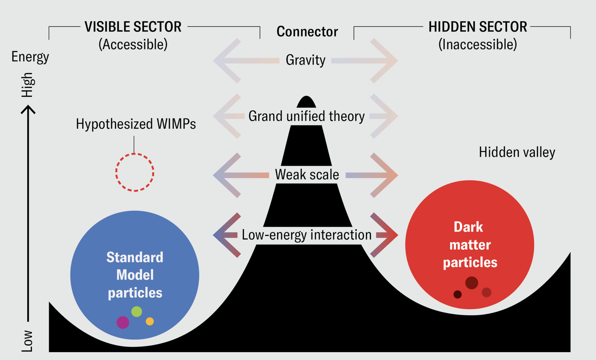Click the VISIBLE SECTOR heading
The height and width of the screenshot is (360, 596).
click(133, 27)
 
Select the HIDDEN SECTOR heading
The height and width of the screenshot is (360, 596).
click(478, 27)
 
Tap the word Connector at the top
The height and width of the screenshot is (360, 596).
click(307, 31)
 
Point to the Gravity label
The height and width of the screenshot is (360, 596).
click(305, 60)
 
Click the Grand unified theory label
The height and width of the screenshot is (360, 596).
click(306, 116)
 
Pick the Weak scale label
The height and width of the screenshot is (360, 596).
click(307, 175)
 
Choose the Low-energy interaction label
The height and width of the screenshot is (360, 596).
click(306, 235)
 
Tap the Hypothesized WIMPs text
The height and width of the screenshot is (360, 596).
click(136, 124)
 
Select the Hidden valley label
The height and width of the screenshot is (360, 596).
click(517, 152)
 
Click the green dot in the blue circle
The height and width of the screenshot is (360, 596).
click(137, 311)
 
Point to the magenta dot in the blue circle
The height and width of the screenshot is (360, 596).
click(123, 322)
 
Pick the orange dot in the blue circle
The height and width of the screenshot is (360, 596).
click(149, 321)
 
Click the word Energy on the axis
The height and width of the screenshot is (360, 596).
click(30, 57)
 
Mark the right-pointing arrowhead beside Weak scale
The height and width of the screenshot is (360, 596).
click(387, 175)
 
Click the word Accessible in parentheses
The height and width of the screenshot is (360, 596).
click(133, 44)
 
